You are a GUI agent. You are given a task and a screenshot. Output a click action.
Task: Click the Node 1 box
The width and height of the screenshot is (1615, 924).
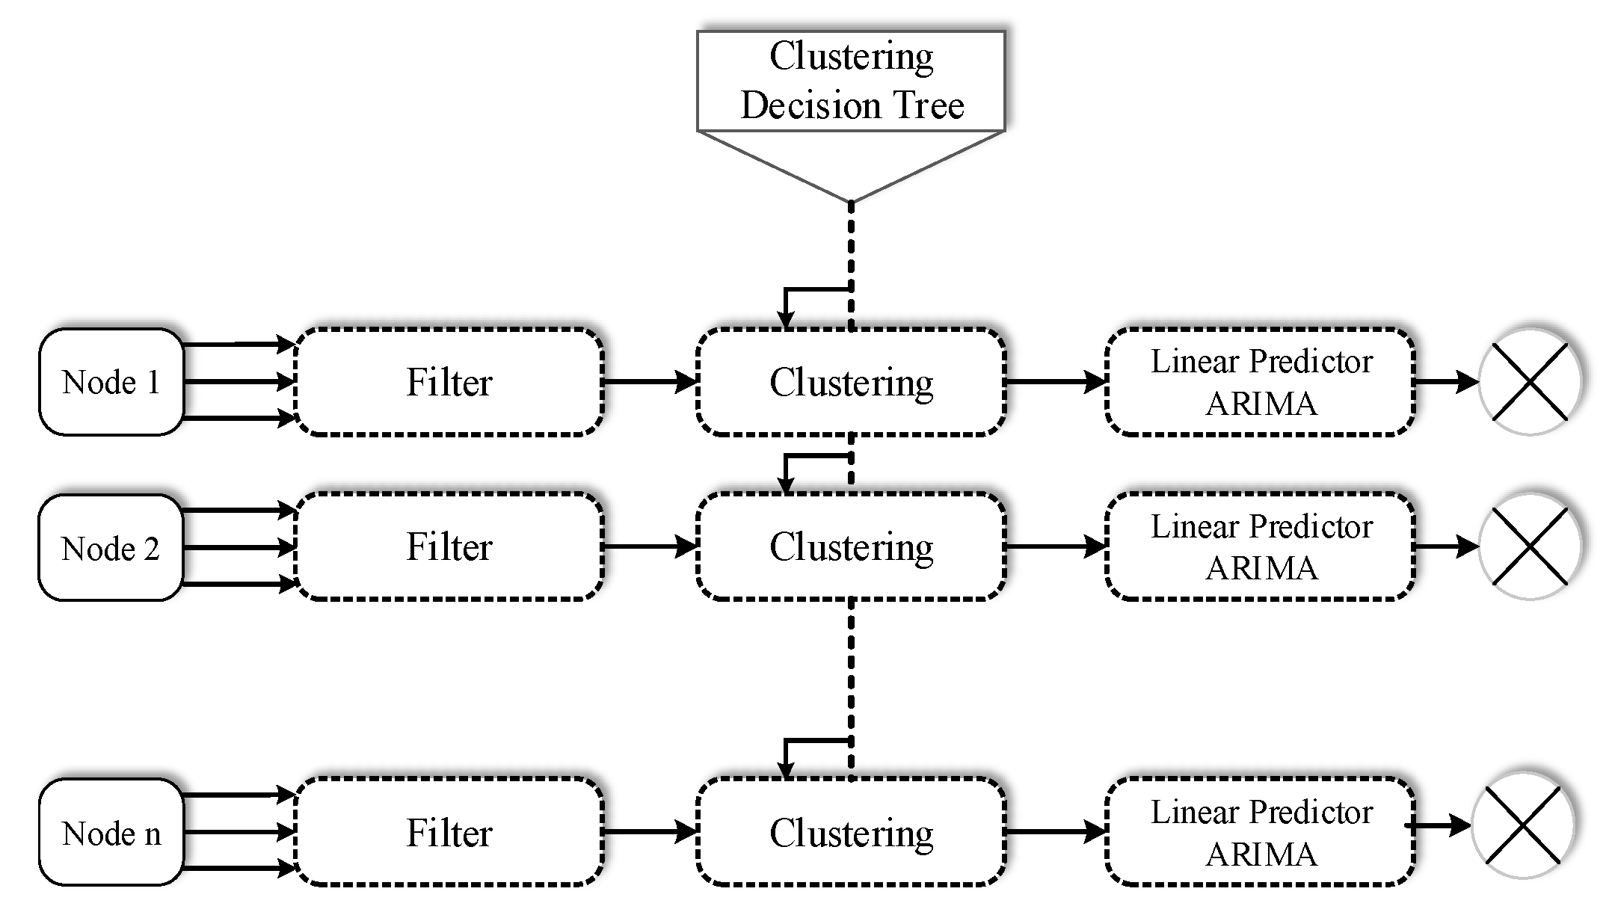tap(111, 382)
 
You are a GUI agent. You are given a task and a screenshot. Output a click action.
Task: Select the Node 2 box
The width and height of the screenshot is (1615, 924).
tap(111, 548)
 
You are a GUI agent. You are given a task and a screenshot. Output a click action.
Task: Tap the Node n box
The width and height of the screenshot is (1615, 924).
tap(111, 833)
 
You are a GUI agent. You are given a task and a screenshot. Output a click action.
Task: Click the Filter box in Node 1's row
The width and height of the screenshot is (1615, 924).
tap(449, 382)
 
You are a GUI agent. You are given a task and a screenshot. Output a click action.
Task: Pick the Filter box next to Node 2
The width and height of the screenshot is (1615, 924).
tap(449, 546)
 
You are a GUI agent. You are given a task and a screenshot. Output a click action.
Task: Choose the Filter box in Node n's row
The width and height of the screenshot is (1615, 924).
tap(449, 832)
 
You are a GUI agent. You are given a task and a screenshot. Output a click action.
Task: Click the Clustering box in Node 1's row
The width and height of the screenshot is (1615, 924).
tap(851, 382)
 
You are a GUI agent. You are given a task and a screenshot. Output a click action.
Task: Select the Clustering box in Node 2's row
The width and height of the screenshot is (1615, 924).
tap(851, 546)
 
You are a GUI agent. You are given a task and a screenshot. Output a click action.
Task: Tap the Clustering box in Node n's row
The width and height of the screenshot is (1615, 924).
tap(851, 832)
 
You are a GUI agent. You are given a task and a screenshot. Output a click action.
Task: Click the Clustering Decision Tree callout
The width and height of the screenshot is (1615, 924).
tap(851, 81)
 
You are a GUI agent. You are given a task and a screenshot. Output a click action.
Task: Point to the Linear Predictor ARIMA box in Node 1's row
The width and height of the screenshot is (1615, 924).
tap(1261, 382)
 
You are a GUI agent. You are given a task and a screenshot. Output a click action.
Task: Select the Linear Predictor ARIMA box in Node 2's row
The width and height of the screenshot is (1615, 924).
tap(1261, 546)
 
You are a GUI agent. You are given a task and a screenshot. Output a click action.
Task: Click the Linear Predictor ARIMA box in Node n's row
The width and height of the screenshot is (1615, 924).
tap(1261, 832)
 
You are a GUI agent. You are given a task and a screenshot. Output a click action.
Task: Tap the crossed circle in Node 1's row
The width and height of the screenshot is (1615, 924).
tap(1530, 382)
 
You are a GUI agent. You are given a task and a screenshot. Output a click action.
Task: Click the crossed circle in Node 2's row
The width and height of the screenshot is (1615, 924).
tap(1530, 546)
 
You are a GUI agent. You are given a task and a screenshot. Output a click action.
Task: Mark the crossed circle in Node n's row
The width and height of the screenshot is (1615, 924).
tap(1523, 825)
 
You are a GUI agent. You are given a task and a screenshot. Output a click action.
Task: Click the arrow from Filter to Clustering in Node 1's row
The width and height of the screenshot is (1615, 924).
tap(649, 382)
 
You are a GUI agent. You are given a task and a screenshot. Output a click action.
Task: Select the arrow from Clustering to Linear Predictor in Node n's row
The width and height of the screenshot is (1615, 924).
tap(1054, 831)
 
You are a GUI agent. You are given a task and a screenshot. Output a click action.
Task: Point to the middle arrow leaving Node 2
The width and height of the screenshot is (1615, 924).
tap(239, 548)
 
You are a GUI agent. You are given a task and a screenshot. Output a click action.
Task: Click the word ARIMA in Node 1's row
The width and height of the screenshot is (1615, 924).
tap(1261, 404)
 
